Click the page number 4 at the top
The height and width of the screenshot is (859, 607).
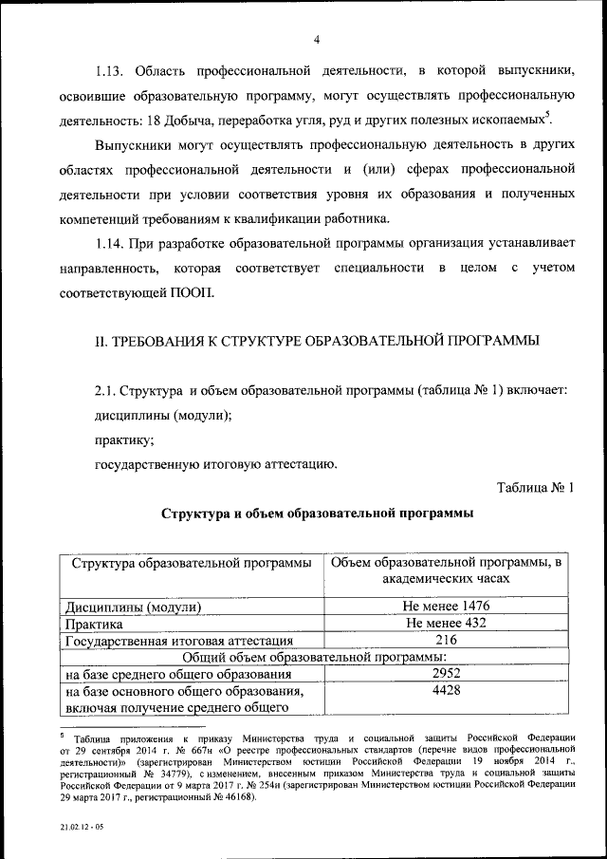click(315, 38)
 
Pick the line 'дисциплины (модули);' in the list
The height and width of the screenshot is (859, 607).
click(162, 416)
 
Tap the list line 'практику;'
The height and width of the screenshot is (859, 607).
click(123, 440)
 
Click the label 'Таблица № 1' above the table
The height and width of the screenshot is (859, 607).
click(536, 488)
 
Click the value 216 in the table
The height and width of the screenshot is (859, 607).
click(445, 641)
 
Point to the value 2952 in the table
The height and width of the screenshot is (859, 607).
click(445, 675)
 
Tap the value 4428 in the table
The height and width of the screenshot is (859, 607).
click(445, 692)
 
